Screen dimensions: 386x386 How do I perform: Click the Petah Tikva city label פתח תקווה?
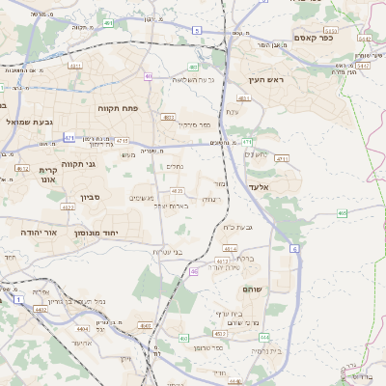click(120, 109)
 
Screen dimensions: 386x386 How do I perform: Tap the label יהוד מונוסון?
click(122, 233)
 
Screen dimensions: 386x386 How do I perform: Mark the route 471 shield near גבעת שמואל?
click(69, 138)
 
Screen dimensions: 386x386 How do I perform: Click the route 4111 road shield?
click(74, 67)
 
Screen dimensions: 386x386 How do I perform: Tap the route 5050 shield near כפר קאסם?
click(362, 39)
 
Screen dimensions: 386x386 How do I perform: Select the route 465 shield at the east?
click(343, 212)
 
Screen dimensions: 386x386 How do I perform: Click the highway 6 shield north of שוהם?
click(293, 248)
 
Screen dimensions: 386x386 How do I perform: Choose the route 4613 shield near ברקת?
click(223, 261)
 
